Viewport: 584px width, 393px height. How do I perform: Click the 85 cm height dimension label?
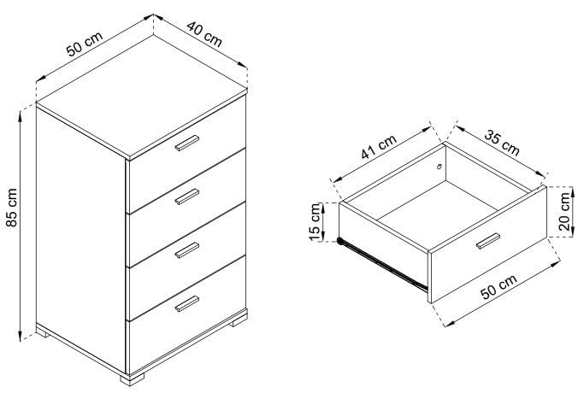tap(12, 208)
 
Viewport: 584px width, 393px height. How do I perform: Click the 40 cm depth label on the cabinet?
tap(204, 34)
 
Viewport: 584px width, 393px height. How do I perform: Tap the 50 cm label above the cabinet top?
tap(84, 44)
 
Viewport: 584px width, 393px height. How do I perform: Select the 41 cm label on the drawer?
tap(379, 147)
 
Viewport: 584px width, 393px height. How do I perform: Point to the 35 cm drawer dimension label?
tap(502, 143)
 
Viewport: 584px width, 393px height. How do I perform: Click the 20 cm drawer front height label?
tap(565, 211)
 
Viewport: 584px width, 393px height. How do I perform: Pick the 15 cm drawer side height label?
tap(315, 222)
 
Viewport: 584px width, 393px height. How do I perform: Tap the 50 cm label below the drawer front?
tap(499, 286)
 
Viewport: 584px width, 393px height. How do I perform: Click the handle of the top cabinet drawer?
tap(187, 144)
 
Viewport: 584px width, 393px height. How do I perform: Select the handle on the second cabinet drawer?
tap(187, 196)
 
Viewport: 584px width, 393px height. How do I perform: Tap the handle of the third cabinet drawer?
tap(187, 250)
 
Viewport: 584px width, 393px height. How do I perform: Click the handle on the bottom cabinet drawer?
tap(187, 303)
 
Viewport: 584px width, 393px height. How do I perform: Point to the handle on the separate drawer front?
tap(488, 241)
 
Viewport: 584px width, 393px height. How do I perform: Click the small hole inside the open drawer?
tap(439, 167)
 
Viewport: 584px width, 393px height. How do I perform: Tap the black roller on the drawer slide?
tap(340, 241)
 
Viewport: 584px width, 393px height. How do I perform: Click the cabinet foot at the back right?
tap(238, 322)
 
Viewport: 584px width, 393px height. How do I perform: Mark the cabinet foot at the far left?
tap(43, 334)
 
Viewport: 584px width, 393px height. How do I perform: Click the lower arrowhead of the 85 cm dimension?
tap(21, 337)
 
